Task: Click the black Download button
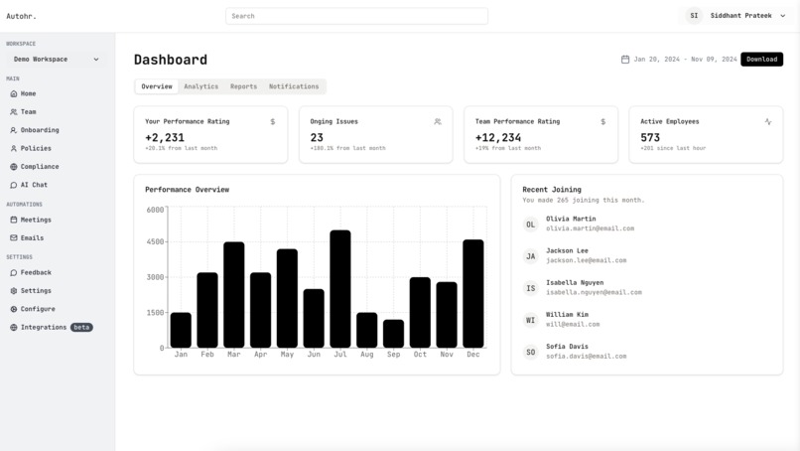click(761, 60)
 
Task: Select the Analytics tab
click(200, 86)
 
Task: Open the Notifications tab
click(294, 86)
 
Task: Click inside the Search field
click(356, 16)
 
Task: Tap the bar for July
click(340, 289)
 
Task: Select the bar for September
click(393, 334)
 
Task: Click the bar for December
click(473, 294)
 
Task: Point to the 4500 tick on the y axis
click(155, 241)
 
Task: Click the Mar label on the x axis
click(233, 355)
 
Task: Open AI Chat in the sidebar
click(34, 185)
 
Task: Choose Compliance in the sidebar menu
click(40, 167)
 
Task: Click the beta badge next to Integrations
click(81, 327)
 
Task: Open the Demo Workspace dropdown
click(56, 60)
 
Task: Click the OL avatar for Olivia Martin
click(530, 225)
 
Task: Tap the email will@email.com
click(573, 324)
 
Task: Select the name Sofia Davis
click(567, 347)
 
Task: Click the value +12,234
click(498, 138)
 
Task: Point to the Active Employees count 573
click(650, 138)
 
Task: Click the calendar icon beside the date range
click(625, 60)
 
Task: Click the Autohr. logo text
click(21, 16)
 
